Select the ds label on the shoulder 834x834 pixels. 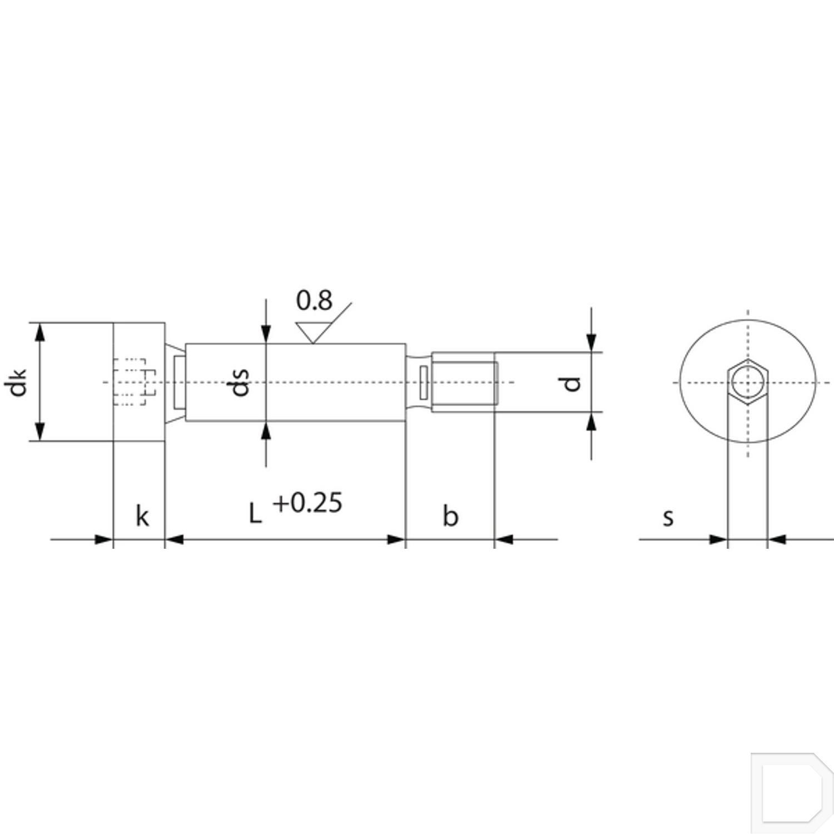click(x=240, y=382)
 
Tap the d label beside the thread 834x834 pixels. click(x=572, y=383)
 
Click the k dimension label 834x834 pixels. click(x=142, y=516)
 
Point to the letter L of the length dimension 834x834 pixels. click(x=255, y=514)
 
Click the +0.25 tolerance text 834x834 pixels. click(x=307, y=503)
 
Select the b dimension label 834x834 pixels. click(x=450, y=516)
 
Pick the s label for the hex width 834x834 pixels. click(x=668, y=517)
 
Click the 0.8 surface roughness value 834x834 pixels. click(x=314, y=301)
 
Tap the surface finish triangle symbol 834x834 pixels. click(x=313, y=332)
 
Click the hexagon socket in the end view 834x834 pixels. click(x=748, y=383)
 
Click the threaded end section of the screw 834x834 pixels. click(x=464, y=383)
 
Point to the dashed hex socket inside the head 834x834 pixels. click(x=133, y=383)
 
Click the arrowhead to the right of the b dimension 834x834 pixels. click(x=504, y=539)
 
